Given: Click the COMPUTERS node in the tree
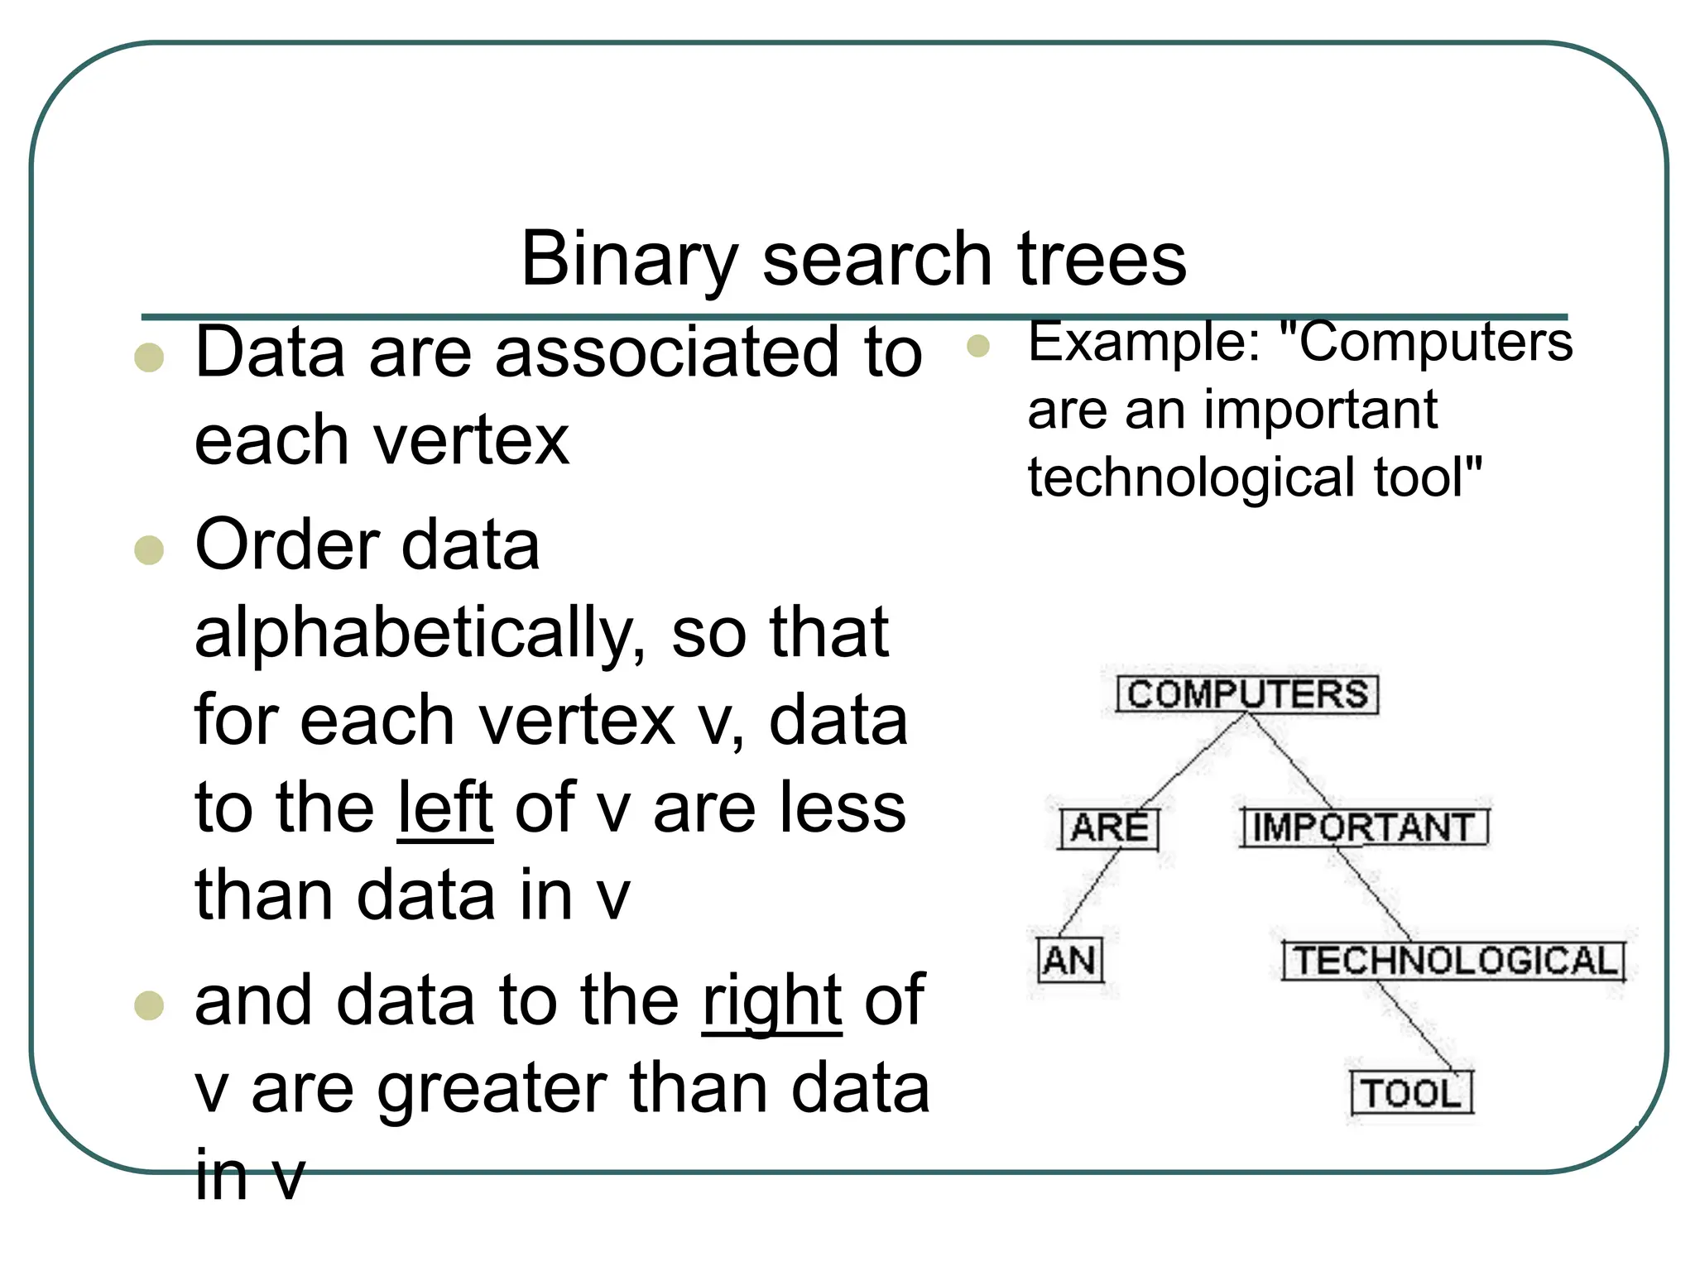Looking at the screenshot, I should tap(1247, 693).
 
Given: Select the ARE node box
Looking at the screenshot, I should tap(1110, 828).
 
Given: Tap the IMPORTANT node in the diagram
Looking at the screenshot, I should tap(1364, 827).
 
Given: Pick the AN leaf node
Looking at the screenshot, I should tap(1070, 961).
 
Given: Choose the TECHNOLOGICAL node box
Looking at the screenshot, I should tap(1454, 961).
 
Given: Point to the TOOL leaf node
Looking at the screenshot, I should tap(1412, 1093).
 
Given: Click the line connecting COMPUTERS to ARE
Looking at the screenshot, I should tap(1192, 761).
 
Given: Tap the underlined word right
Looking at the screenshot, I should tap(772, 1000).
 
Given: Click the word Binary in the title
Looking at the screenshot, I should tap(629, 259).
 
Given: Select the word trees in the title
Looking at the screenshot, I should tap(1102, 259).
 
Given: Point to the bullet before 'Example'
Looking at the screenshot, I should tap(978, 346).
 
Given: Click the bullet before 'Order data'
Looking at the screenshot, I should tap(149, 549).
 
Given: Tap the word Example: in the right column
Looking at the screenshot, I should tap(1145, 342).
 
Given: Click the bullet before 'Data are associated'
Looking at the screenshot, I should tap(149, 357).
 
